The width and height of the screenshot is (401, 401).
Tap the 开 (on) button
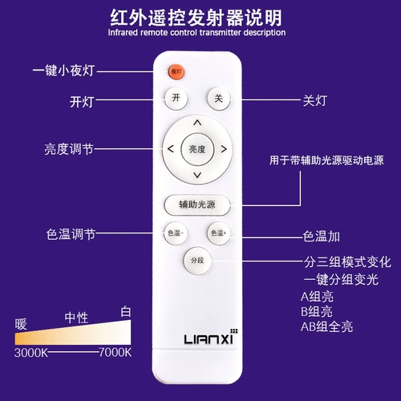[176, 98]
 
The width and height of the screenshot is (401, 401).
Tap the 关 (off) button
[219, 99]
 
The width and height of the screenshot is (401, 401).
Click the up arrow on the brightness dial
[197, 123]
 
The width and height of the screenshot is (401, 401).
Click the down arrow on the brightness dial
[197, 175]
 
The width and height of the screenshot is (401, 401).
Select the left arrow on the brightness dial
[170, 148]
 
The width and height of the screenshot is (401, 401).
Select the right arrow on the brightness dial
[224, 149]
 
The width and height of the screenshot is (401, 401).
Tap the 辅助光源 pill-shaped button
[197, 205]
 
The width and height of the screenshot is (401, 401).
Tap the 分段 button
[197, 261]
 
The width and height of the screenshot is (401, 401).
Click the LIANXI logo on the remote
[211, 337]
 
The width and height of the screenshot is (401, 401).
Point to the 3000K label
[31, 353]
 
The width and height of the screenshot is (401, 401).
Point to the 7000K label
[115, 352]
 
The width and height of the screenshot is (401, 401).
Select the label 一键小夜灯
[63, 71]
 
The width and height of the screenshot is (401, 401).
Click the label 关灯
[315, 100]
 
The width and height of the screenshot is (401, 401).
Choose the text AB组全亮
[326, 326]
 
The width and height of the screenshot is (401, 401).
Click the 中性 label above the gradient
[76, 318]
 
